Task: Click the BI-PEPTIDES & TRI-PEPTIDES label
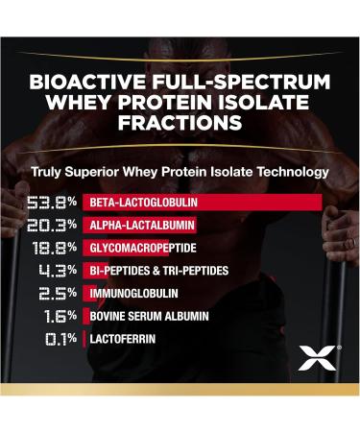click(x=158, y=271)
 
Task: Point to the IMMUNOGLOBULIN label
click(x=130, y=293)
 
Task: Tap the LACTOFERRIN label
click(x=121, y=338)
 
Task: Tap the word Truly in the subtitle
click(x=49, y=173)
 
